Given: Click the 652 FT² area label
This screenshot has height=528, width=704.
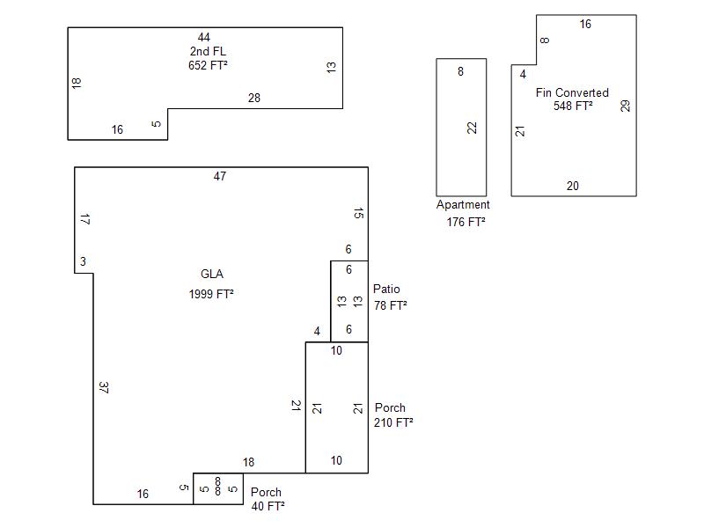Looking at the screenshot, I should click(208, 65).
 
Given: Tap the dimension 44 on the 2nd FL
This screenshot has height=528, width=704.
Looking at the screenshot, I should click(204, 37).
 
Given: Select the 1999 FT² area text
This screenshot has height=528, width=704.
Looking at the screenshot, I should click(211, 294).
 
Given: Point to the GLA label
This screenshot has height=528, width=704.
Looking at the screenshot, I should click(212, 275).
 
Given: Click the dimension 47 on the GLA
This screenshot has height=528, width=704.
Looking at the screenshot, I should click(220, 176).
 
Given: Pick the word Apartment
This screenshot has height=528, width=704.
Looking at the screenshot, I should click(463, 205).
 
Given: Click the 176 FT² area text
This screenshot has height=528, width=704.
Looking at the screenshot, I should click(466, 223).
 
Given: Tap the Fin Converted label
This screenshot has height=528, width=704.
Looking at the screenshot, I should click(572, 92).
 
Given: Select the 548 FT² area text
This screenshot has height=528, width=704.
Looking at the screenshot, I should click(573, 106).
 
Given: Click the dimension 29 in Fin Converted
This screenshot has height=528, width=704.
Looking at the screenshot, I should click(626, 106).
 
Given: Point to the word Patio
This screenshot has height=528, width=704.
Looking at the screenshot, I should click(386, 289).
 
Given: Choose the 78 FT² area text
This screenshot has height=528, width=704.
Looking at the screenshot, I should click(390, 305).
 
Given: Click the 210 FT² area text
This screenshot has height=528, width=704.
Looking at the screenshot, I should click(393, 422).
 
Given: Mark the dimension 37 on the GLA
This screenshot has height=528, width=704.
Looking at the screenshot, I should click(104, 387).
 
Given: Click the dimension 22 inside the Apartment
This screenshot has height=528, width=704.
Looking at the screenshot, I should click(473, 128).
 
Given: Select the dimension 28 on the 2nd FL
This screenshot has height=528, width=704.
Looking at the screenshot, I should click(254, 99).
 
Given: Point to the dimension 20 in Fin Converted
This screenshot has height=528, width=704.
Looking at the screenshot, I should click(573, 186).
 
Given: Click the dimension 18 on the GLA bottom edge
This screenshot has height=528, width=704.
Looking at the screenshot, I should click(249, 463).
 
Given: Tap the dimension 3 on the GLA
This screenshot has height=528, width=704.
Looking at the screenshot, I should click(83, 261).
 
